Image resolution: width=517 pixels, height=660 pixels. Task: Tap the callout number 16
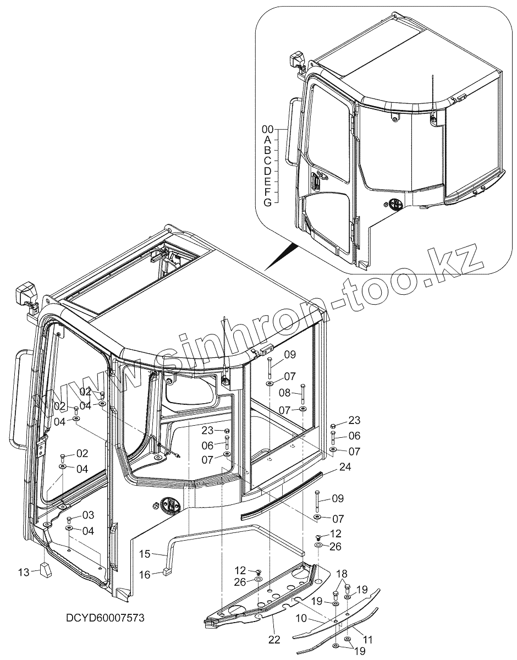(145, 575)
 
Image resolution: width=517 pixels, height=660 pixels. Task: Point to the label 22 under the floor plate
(274, 639)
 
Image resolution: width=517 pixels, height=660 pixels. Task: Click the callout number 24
(345, 469)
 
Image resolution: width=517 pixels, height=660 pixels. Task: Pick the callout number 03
(88, 515)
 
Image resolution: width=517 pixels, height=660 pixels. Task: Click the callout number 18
(342, 574)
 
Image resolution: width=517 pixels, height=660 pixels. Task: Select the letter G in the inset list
(267, 202)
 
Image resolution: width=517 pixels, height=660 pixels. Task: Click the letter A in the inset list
(267, 140)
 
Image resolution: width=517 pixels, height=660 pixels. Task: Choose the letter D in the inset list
(267, 171)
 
